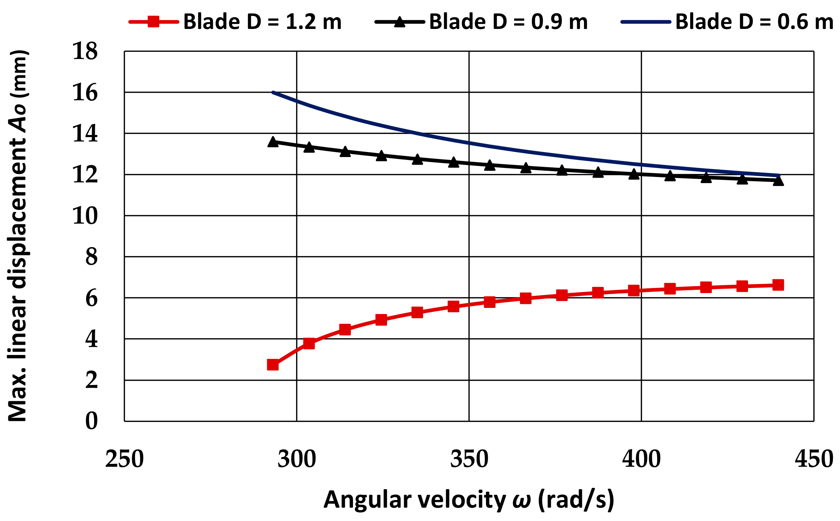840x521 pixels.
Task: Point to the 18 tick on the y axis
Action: (85, 51)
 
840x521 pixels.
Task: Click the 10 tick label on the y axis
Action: (85, 216)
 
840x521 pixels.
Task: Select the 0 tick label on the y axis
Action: (91, 421)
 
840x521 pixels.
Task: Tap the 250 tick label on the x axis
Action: (125, 459)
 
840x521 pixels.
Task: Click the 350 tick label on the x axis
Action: (469, 459)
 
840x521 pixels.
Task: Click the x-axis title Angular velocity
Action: (469, 500)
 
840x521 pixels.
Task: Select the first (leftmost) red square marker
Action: (273, 365)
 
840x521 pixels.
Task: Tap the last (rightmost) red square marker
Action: (778, 285)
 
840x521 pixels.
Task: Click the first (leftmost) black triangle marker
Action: (273, 142)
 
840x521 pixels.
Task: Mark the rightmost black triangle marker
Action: (778, 181)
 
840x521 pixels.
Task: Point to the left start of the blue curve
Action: (273, 92)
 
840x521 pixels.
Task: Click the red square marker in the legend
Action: (154, 22)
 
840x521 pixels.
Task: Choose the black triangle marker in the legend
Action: (399, 22)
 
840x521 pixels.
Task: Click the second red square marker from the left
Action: (309, 343)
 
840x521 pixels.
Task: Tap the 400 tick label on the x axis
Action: (641, 459)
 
